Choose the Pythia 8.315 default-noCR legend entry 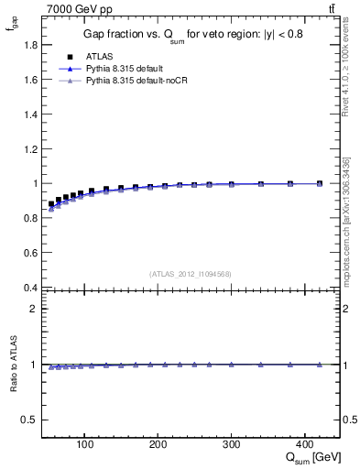pyautogui.click(x=135, y=81)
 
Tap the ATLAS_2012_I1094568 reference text pyautogui.click(x=189, y=273)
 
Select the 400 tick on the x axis pyautogui.click(x=305, y=443)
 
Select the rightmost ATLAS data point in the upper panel pyautogui.click(x=319, y=183)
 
